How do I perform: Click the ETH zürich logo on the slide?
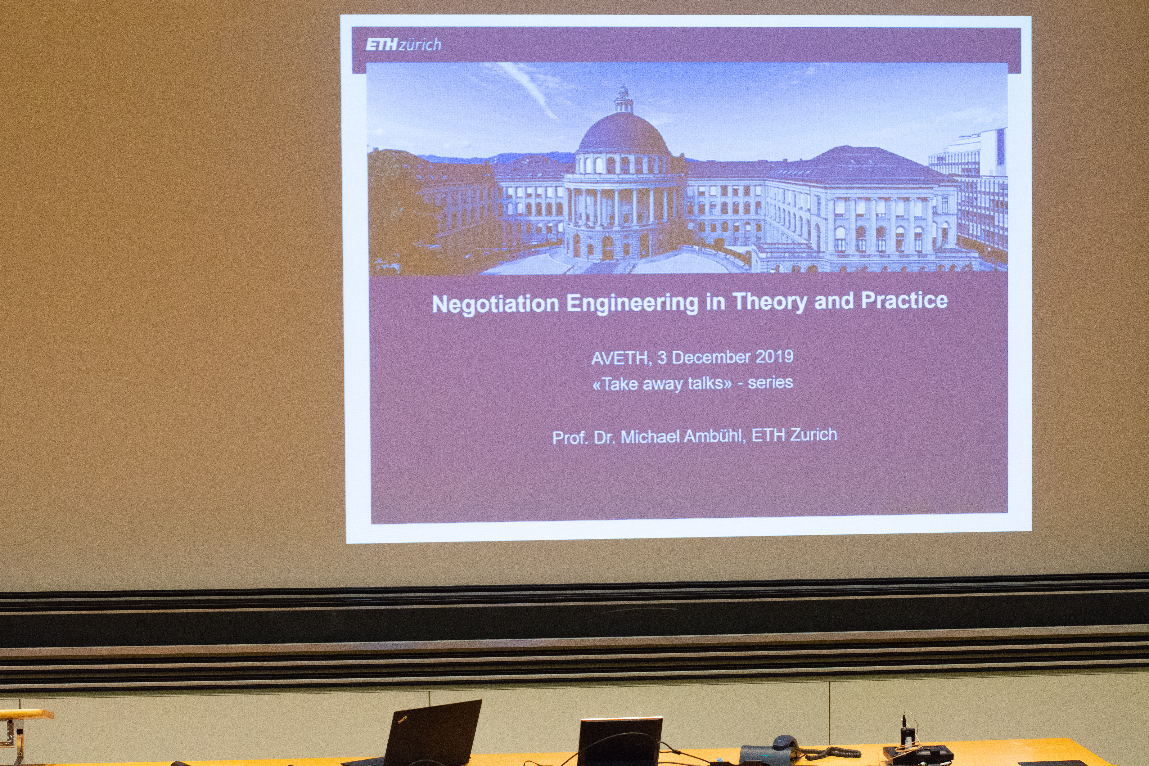[403, 45]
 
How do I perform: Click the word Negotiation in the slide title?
[495, 304]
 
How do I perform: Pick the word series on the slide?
[770, 382]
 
